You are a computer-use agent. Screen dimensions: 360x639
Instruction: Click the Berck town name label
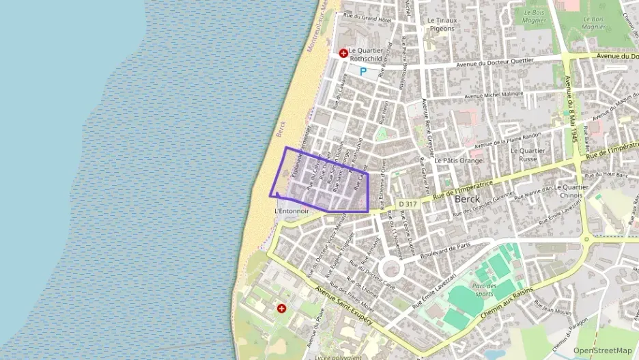(x=467, y=198)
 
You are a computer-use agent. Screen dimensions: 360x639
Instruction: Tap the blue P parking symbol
(x=363, y=71)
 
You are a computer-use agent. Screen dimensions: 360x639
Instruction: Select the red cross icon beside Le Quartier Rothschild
(x=343, y=53)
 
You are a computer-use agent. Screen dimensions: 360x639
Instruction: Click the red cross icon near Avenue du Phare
(x=281, y=309)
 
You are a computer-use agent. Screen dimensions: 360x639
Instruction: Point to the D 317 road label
(x=407, y=204)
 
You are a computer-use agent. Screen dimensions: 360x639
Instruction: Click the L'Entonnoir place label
(x=292, y=212)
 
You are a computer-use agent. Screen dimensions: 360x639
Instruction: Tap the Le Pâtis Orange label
(x=459, y=161)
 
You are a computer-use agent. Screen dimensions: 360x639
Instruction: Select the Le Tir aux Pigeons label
(x=441, y=25)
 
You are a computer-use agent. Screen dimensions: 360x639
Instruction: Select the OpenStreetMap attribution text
(x=602, y=350)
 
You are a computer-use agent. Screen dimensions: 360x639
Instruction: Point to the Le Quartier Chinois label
(x=571, y=191)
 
